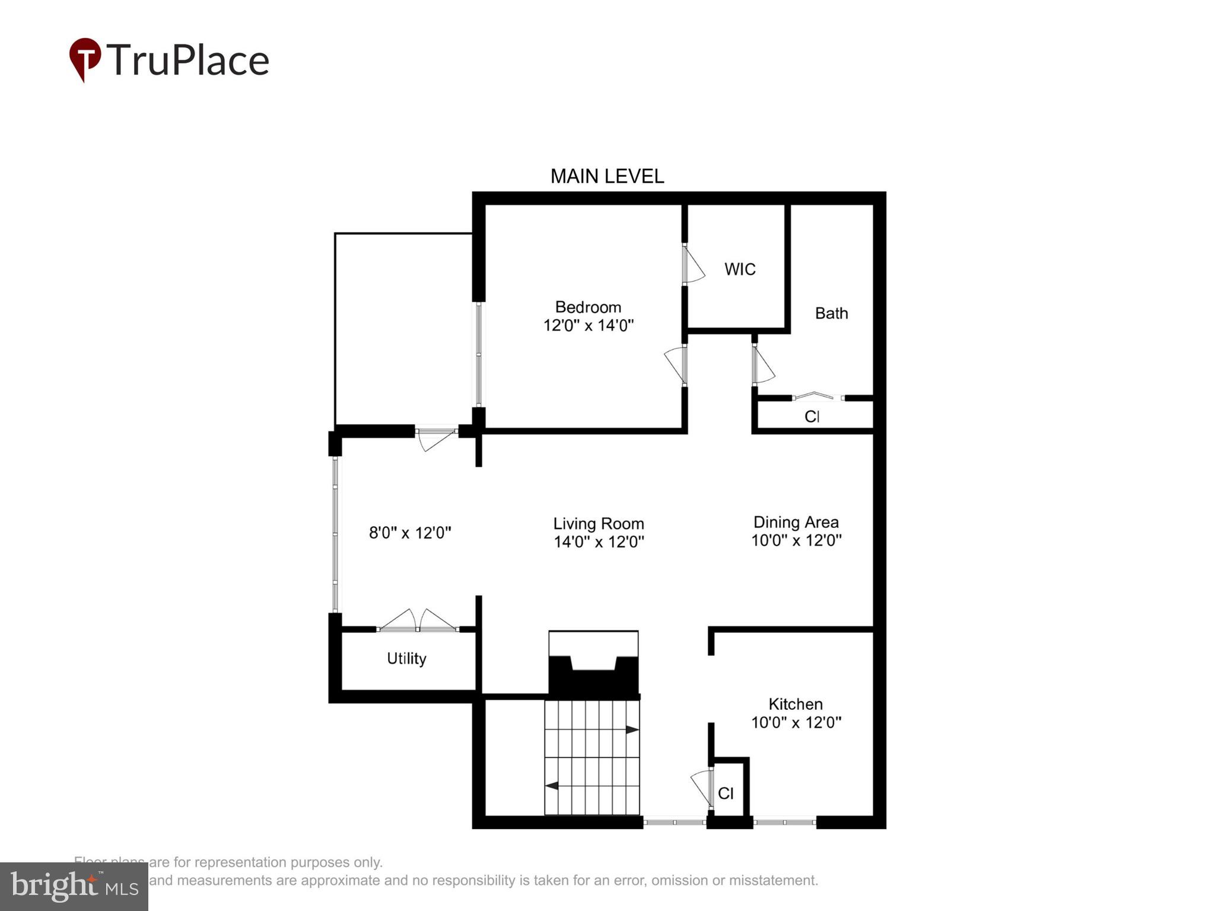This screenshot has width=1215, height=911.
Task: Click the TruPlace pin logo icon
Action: coord(85,59)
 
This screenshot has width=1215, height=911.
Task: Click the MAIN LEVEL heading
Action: coord(607,176)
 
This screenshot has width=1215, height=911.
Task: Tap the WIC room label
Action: coord(740,269)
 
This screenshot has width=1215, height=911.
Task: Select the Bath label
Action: coord(831,313)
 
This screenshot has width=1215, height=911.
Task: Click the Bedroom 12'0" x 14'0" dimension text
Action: coord(589,325)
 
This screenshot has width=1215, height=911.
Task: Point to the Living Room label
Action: coord(599,524)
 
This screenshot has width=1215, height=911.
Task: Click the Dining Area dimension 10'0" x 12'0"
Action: coord(796,540)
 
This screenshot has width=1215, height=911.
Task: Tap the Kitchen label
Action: coord(796,704)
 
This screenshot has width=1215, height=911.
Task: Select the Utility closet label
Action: coord(406,658)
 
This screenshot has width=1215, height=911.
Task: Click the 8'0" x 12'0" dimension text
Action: coord(410,533)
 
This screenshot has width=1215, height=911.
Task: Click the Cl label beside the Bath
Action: coord(812,416)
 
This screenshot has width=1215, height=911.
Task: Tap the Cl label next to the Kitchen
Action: coord(726,794)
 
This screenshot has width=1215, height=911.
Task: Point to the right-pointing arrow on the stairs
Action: coord(632,730)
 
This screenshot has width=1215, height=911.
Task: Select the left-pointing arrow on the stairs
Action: coord(552,786)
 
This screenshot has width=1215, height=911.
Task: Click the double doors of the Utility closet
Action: coord(418,621)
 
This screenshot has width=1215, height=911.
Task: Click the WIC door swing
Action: coord(692,265)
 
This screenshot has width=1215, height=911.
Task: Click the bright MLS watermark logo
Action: coord(74,886)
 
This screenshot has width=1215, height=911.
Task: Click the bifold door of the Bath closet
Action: coord(818,396)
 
